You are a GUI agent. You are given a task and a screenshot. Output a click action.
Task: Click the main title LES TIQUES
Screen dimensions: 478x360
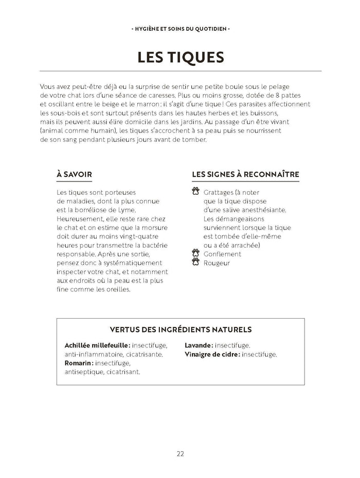[180, 57]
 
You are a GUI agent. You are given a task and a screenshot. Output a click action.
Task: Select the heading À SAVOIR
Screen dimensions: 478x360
[74, 174]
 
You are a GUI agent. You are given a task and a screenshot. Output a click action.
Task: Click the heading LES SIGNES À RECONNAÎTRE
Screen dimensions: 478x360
[245, 174]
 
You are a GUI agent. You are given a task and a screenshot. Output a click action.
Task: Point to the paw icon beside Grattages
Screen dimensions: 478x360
[195, 192]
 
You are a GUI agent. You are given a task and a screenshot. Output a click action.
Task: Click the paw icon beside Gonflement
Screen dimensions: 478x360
[195, 253]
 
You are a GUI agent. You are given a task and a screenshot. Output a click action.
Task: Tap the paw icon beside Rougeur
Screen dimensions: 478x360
[195, 263]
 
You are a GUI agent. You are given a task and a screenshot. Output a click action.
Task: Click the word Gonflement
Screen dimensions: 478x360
[222, 253]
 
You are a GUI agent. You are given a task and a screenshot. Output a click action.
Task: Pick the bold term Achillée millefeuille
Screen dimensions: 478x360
[96, 345]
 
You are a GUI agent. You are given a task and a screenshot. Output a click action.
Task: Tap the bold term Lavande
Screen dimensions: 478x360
[198, 345]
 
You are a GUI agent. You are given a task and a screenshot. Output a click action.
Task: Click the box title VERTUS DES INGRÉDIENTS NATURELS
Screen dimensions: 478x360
[180, 329]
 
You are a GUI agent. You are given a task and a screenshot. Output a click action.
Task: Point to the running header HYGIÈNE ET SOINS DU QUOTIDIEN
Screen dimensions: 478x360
[180, 29]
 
